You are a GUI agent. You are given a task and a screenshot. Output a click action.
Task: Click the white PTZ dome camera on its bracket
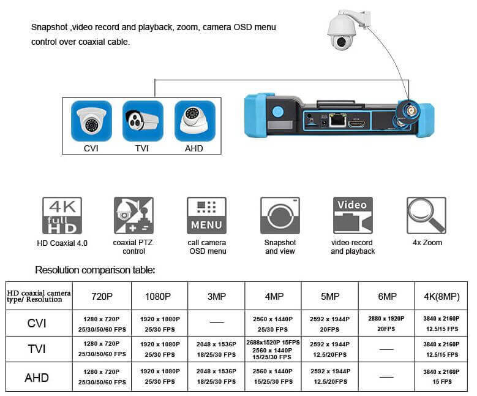344,30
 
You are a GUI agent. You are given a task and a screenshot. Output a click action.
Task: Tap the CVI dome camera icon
91,121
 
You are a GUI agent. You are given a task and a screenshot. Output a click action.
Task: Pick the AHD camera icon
194,121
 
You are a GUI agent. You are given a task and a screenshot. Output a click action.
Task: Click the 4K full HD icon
62,216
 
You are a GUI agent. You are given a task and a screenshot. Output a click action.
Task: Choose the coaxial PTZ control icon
133,216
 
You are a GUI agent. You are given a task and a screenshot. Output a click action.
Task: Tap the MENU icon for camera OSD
206,216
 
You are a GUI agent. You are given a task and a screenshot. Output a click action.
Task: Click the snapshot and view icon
280,216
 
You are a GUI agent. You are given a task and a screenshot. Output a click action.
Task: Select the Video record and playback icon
353,216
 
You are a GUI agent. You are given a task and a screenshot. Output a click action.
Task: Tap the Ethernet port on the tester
336,120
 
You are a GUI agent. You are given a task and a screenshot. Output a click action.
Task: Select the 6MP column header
387,297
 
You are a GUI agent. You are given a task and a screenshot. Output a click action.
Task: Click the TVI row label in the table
36,349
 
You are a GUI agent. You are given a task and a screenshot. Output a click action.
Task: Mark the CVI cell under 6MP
387,324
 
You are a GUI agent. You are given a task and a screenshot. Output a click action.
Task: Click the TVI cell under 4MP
272,349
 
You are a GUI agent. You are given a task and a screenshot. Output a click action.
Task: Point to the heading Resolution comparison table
95,270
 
